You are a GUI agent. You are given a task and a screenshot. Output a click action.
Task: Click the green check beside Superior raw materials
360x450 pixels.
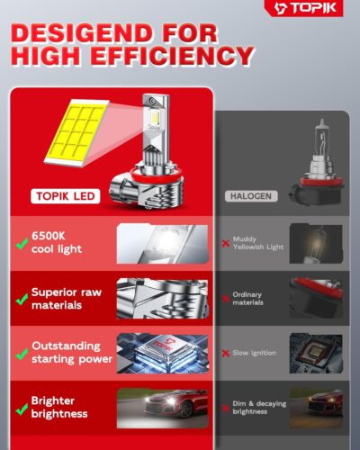coord(18,298)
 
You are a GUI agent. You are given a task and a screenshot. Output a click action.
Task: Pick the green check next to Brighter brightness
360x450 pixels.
coord(18,407)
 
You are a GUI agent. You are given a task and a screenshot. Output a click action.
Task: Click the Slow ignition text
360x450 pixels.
coord(255,351)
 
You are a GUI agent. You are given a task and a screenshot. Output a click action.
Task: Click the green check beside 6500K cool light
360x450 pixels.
coord(18,242)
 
